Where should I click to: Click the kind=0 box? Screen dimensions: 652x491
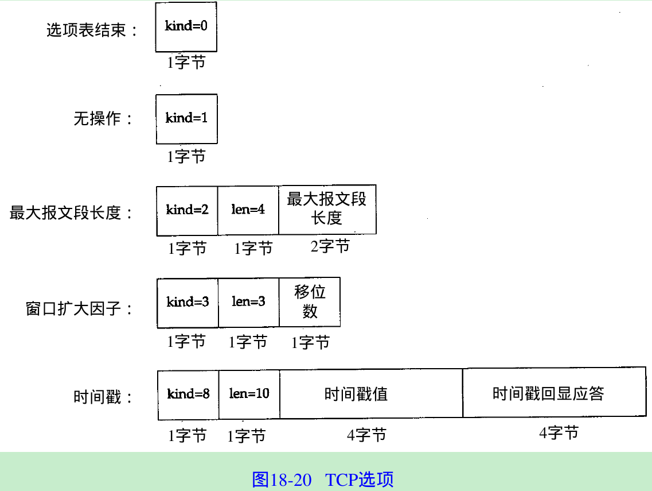(x=186, y=27)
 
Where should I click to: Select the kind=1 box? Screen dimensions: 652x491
(x=186, y=119)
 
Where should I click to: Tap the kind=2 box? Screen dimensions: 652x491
(x=187, y=211)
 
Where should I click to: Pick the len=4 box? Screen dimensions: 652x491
(x=248, y=211)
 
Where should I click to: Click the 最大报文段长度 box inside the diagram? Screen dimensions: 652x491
(x=327, y=210)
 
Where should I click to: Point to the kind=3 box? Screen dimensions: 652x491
(x=188, y=303)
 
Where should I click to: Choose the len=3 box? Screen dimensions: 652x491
(x=248, y=303)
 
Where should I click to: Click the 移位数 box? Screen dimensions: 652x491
(x=310, y=302)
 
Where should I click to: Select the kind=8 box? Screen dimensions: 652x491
(x=188, y=395)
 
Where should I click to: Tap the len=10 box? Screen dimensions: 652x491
(x=249, y=395)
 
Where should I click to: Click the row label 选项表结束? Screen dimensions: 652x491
(x=92, y=30)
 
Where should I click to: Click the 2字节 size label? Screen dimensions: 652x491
(x=330, y=247)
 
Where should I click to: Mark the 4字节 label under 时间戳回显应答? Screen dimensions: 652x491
(x=559, y=433)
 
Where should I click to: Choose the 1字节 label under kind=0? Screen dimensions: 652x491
(x=186, y=62)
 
